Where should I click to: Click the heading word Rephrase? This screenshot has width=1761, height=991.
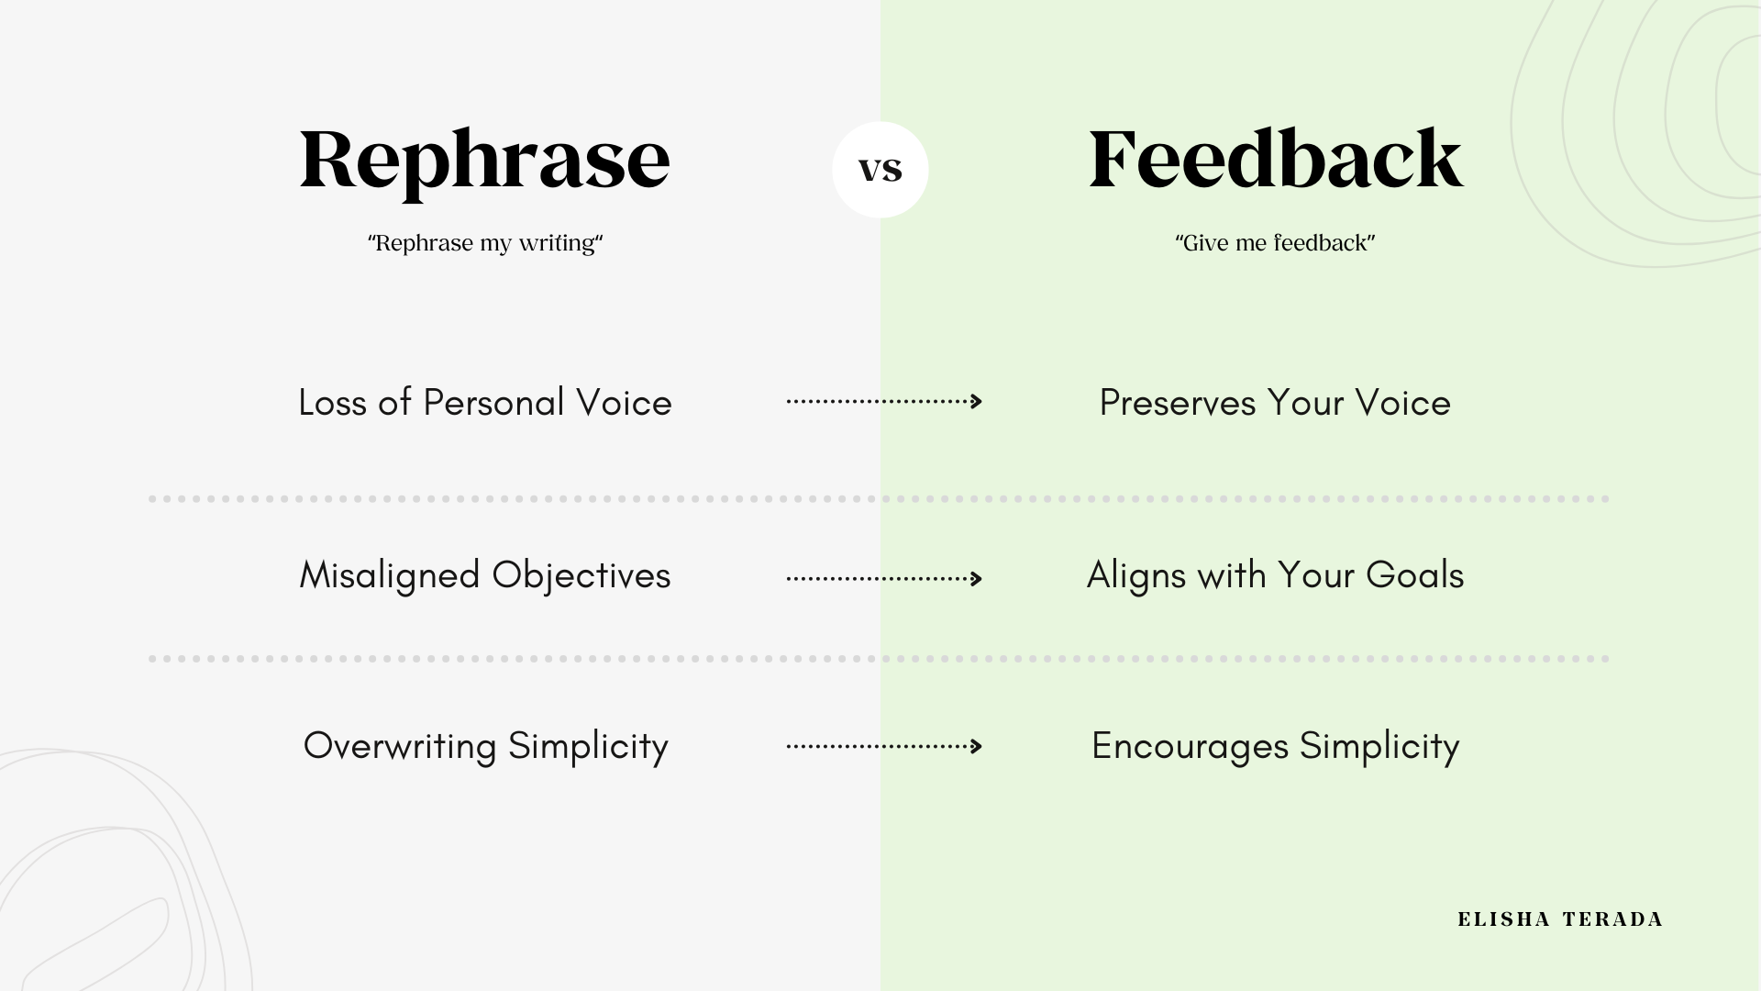[x=484, y=160]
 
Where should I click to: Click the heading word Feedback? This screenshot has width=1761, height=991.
[x=1275, y=160]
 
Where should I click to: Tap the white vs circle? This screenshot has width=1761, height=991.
[x=880, y=170]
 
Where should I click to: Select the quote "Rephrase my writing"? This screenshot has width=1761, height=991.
[x=485, y=243]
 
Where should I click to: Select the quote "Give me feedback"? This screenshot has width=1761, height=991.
[x=1275, y=243]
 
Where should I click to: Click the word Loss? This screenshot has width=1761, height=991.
[x=332, y=403]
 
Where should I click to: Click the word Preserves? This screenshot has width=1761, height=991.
[x=1177, y=403]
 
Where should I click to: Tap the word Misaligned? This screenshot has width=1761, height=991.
[x=390, y=575]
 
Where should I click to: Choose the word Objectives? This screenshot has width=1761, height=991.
[x=581, y=575]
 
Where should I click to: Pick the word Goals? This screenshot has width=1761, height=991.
[x=1414, y=575]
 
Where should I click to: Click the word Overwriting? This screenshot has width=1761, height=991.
[x=400, y=746]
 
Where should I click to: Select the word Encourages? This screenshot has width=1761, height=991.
[x=1190, y=746]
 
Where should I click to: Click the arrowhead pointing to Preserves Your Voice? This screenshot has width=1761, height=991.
[x=977, y=401]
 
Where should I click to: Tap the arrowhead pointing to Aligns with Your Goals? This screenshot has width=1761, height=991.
[x=977, y=578]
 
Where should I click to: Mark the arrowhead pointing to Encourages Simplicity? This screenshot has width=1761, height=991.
[x=977, y=746]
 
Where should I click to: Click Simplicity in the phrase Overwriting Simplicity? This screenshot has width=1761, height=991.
[x=588, y=746]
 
